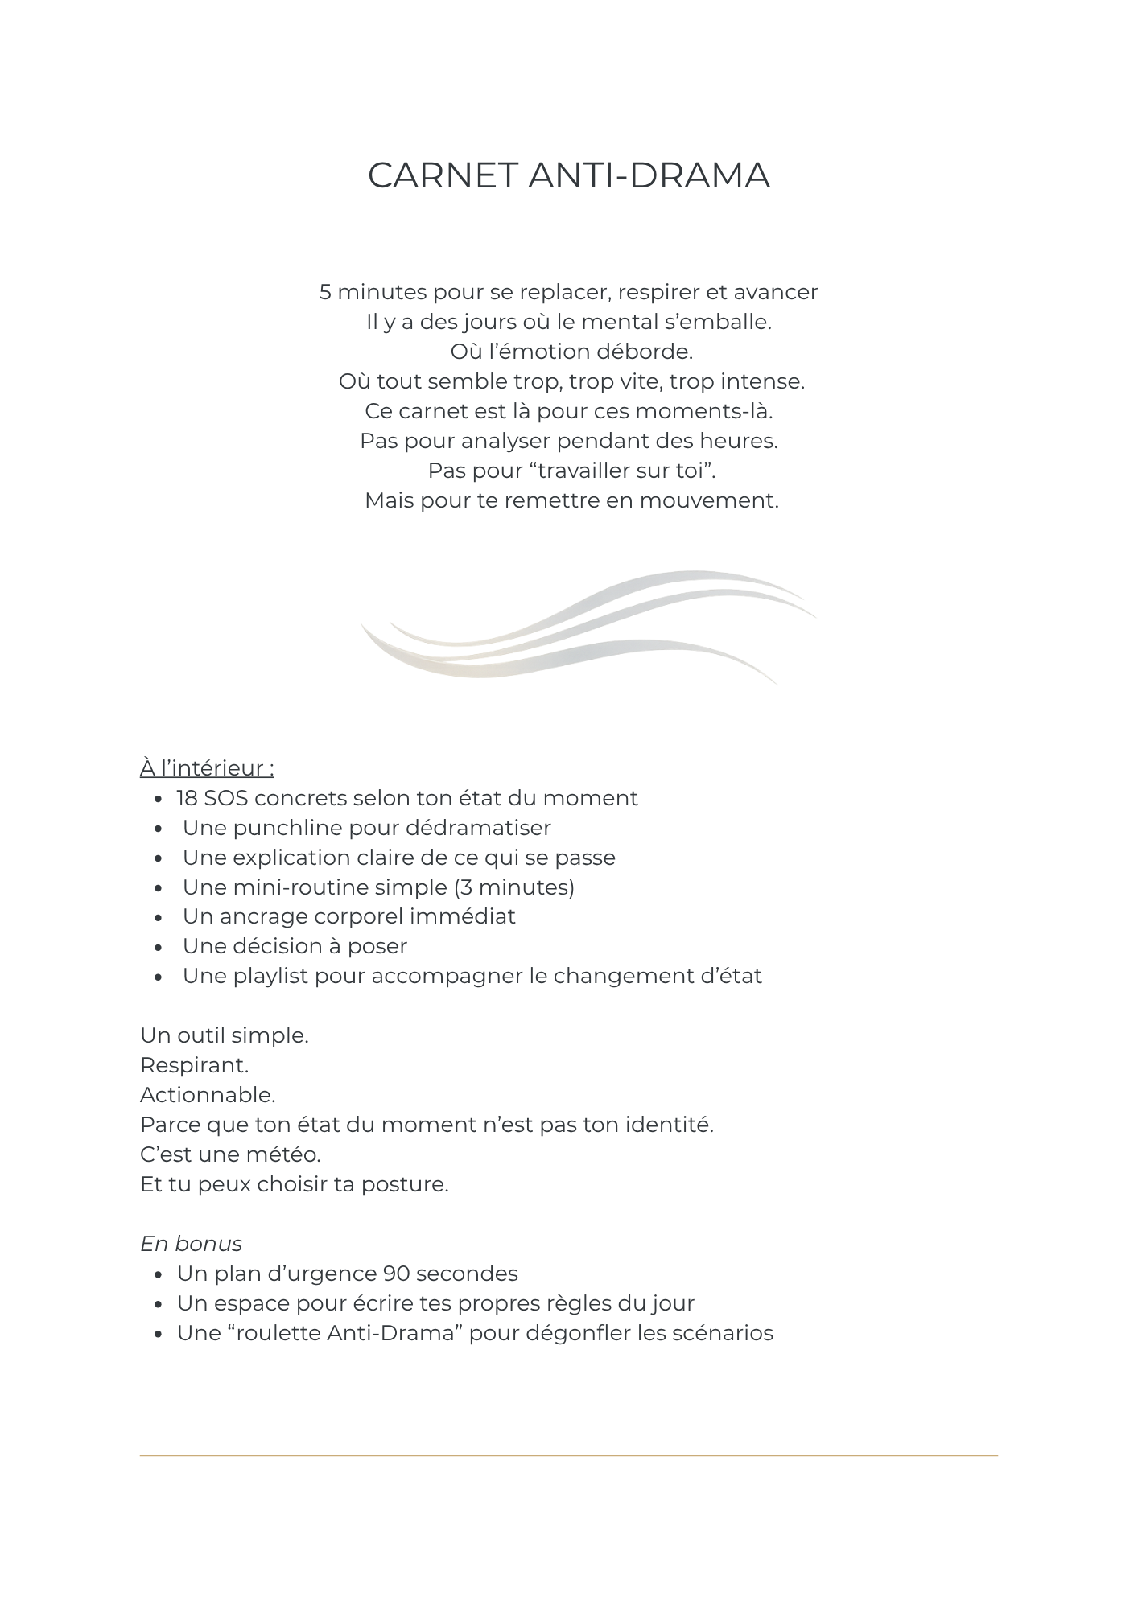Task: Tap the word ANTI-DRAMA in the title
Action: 649,176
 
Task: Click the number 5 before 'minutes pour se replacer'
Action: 325,292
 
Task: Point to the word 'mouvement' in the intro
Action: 708,500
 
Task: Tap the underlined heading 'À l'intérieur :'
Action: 207,768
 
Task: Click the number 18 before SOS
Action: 188,798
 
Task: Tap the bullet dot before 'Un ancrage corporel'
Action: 159,918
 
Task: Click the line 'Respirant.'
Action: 194,1065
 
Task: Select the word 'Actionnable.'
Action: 208,1095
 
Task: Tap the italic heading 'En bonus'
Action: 191,1244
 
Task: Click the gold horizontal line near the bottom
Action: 568,1455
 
